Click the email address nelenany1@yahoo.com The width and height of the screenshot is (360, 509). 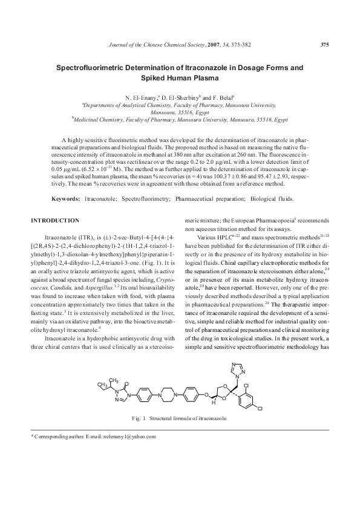pyautogui.click(x=129, y=436)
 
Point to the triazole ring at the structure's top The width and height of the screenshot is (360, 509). pyautogui.click(x=234, y=368)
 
